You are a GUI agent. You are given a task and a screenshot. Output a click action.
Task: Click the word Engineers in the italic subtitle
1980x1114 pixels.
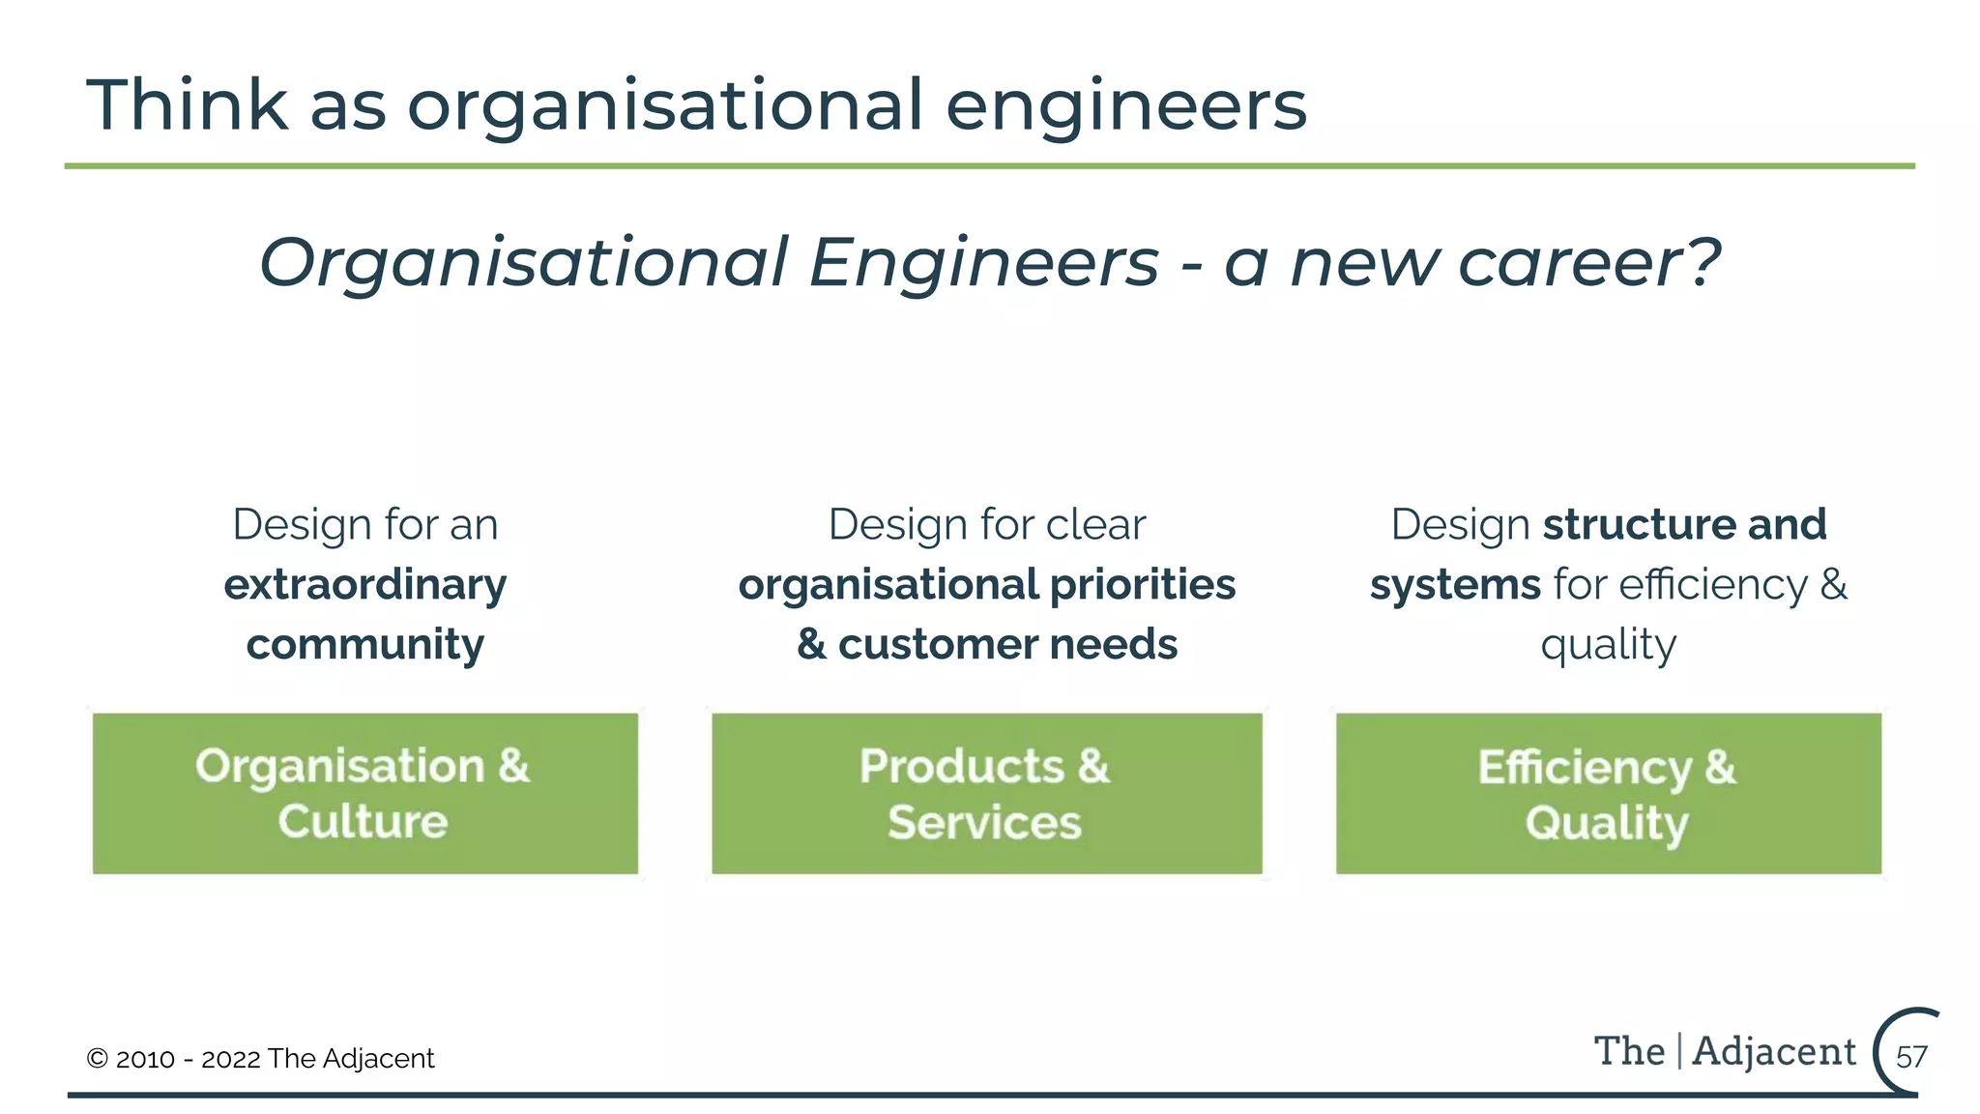tap(983, 263)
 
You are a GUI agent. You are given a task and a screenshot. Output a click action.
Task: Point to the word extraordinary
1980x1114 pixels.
tap(365, 585)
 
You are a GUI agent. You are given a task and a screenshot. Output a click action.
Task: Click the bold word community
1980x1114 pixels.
tap(365, 645)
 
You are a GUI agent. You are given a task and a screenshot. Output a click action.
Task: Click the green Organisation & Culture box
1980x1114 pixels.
tap(365, 793)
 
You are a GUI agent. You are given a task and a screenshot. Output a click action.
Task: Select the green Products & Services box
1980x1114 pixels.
tap(986, 793)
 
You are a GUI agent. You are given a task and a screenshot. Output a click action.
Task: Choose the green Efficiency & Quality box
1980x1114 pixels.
tap(1609, 793)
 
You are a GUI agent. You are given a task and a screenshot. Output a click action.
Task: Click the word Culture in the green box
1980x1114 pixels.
tap(363, 821)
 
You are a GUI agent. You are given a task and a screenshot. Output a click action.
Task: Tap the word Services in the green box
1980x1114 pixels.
tap(984, 823)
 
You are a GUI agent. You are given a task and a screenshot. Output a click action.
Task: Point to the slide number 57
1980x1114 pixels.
tap(1911, 1056)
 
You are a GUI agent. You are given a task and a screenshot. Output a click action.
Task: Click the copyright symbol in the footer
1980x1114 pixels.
tap(97, 1059)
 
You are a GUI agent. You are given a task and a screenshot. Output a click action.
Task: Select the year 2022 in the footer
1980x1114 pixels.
tap(231, 1059)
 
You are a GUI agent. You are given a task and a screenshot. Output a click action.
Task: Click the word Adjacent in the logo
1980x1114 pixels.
tap(1774, 1051)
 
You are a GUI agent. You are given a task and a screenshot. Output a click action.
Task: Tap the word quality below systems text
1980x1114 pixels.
tap(1609, 645)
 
